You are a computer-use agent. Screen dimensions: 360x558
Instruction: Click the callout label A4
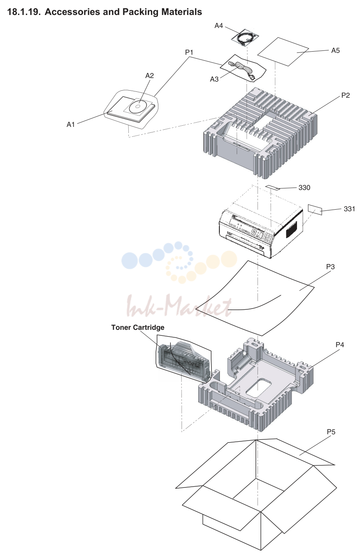pos(219,26)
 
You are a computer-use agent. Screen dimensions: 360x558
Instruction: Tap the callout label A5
pos(335,50)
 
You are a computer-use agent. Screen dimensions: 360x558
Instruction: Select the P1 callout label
pos(189,52)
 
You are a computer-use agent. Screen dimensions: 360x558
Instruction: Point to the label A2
pos(149,76)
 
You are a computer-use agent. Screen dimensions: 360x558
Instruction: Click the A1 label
pos(71,124)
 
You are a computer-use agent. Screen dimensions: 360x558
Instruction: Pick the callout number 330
pos(304,188)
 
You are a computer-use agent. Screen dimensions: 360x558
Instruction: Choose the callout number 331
pos(349,209)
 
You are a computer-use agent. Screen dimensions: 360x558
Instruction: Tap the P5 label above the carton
pos(331,432)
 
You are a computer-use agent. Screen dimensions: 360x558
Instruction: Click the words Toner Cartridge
pos(138,327)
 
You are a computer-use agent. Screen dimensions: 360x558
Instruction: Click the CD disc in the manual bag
pos(137,106)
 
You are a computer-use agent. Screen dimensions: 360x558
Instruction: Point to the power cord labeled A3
pos(242,70)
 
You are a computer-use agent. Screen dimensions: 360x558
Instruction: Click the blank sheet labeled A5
pos(283,52)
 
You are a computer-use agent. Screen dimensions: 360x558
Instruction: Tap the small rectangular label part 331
pos(315,210)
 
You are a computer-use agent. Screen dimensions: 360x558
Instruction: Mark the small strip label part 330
pos(273,187)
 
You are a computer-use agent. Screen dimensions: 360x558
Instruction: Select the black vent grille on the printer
pos(291,229)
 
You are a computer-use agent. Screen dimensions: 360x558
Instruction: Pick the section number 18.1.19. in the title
pos(24,12)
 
